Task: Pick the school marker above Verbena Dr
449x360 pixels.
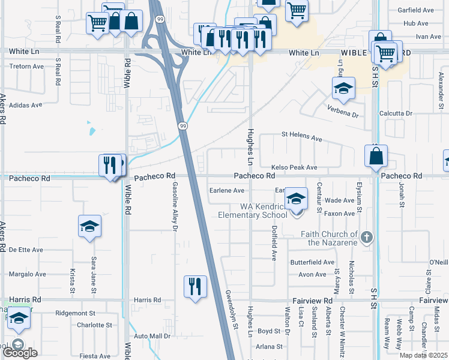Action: [343, 89]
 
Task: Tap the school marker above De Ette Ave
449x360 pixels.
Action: [89, 226]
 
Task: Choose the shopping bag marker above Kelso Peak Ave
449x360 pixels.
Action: [376, 157]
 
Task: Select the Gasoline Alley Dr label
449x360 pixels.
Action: [175, 206]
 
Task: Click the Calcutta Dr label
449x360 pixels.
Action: [396, 113]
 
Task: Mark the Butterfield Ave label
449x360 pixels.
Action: [312, 262]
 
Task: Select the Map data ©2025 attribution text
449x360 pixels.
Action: [424, 355]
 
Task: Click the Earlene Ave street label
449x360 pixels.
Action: [226, 190]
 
